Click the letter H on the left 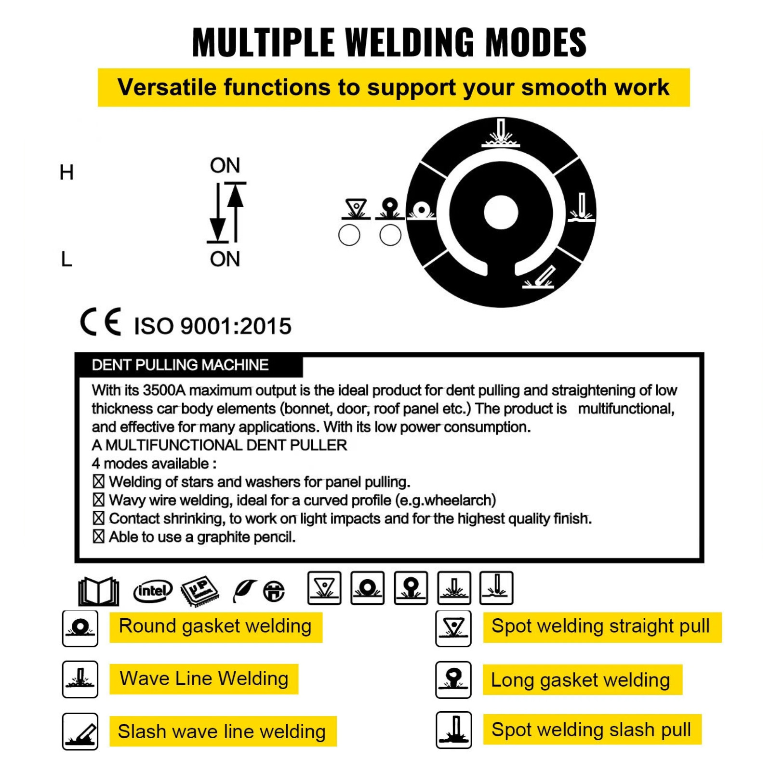pyautogui.click(x=66, y=172)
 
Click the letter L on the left pyautogui.click(x=66, y=259)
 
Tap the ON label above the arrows pyautogui.click(x=225, y=165)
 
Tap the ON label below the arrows pyautogui.click(x=225, y=259)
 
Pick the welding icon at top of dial pyautogui.click(x=501, y=133)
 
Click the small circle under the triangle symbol pyautogui.click(x=349, y=235)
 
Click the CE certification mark pyautogui.click(x=101, y=322)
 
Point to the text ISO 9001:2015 pyautogui.click(x=213, y=326)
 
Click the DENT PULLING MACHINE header pyautogui.click(x=180, y=365)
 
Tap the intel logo pyautogui.click(x=152, y=591)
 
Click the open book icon pyautogui.click(x=98, y=591)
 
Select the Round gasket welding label pyautogui.click(x=215, y=626)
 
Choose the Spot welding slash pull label pyautogui.click(x=591, y=729)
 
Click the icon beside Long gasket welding pyautogui.click(x=453, y=679)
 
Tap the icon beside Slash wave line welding pyautogui.click(x=80, y=731)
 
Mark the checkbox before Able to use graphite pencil pyautogui.click(x=98, y=536)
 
